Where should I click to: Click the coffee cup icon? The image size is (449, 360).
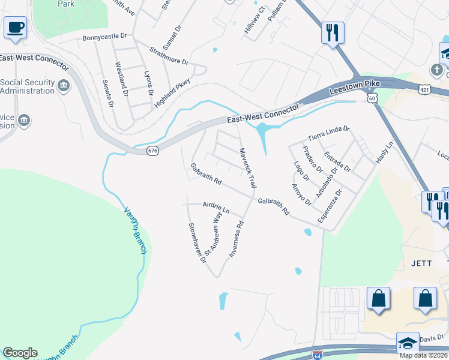click(15, 27)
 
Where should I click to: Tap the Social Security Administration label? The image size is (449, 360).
click(28, 86)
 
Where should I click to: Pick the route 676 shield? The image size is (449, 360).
click(152, 151)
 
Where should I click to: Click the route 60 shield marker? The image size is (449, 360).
click(373, 97)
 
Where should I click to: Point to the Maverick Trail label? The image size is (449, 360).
click(249, 167)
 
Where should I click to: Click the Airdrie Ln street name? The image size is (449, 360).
click(217, 207)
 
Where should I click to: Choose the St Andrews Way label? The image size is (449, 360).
click(212, 236)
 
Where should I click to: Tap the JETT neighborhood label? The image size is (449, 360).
click(421, 263)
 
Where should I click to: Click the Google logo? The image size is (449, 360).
click(20, 353)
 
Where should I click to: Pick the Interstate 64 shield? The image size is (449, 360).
click(317, 355)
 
